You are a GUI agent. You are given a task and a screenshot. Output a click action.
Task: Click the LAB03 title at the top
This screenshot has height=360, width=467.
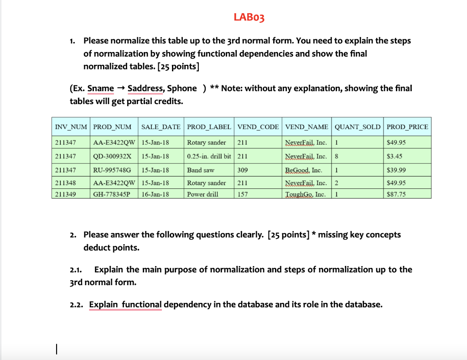249,18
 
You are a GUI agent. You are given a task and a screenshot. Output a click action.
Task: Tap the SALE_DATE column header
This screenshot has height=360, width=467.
161,126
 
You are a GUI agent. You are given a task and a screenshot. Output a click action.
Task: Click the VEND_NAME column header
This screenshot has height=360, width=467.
306,126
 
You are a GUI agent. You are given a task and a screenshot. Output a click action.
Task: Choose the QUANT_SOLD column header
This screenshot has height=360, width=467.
358,126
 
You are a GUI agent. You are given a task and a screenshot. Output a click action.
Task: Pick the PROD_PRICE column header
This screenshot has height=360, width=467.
407,126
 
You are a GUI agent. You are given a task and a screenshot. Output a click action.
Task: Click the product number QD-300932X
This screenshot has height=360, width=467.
112,156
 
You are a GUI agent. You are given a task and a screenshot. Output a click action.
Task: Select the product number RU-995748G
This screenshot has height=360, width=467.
112,170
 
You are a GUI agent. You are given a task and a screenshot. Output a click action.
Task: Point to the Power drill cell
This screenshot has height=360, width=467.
202,194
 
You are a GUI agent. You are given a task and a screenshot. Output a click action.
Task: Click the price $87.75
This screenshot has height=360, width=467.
396,194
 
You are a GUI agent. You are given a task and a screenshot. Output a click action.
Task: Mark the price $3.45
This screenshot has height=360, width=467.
394,156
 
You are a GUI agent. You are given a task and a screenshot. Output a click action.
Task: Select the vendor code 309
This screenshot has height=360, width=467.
243,170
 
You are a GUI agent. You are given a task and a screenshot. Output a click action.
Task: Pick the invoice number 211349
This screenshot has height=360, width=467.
66,194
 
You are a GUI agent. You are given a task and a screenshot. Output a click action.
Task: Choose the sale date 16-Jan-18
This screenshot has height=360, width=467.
155,194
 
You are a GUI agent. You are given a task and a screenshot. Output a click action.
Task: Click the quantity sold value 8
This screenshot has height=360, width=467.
336,156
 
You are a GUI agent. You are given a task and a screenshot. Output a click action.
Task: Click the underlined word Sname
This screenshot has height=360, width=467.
101,88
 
